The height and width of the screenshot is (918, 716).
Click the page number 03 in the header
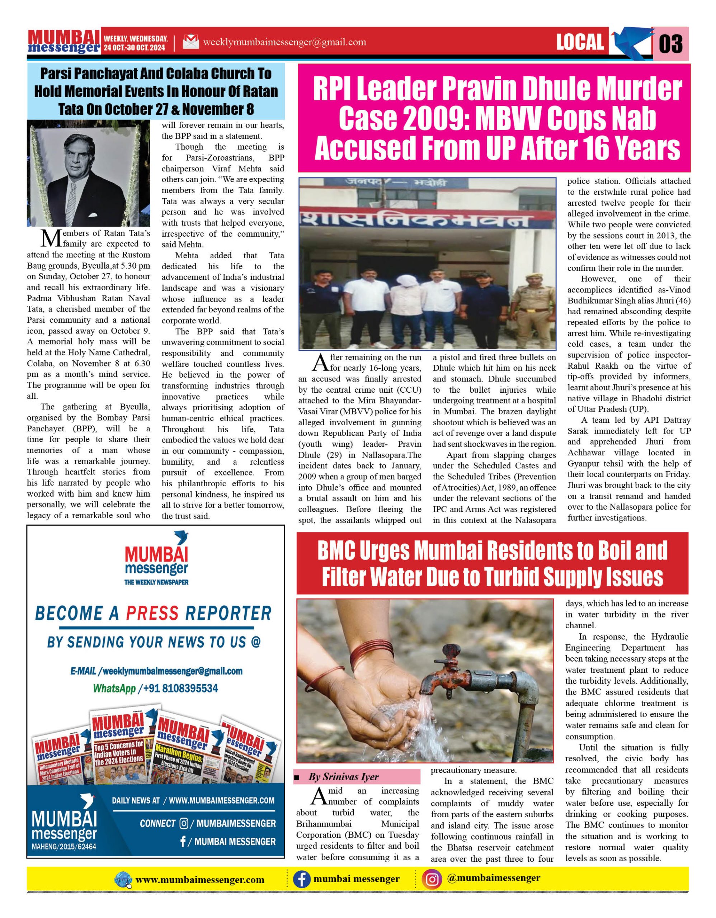tap(670, 43)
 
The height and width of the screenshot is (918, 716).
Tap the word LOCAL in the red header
tap(580, 42)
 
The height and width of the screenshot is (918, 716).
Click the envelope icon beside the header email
tap(190, 42)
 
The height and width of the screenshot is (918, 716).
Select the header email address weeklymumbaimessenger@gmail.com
tap(284, 42)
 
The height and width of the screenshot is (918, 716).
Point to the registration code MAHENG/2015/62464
tap(64, 846)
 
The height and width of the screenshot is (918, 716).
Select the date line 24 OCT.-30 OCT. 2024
tap(135, 48)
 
